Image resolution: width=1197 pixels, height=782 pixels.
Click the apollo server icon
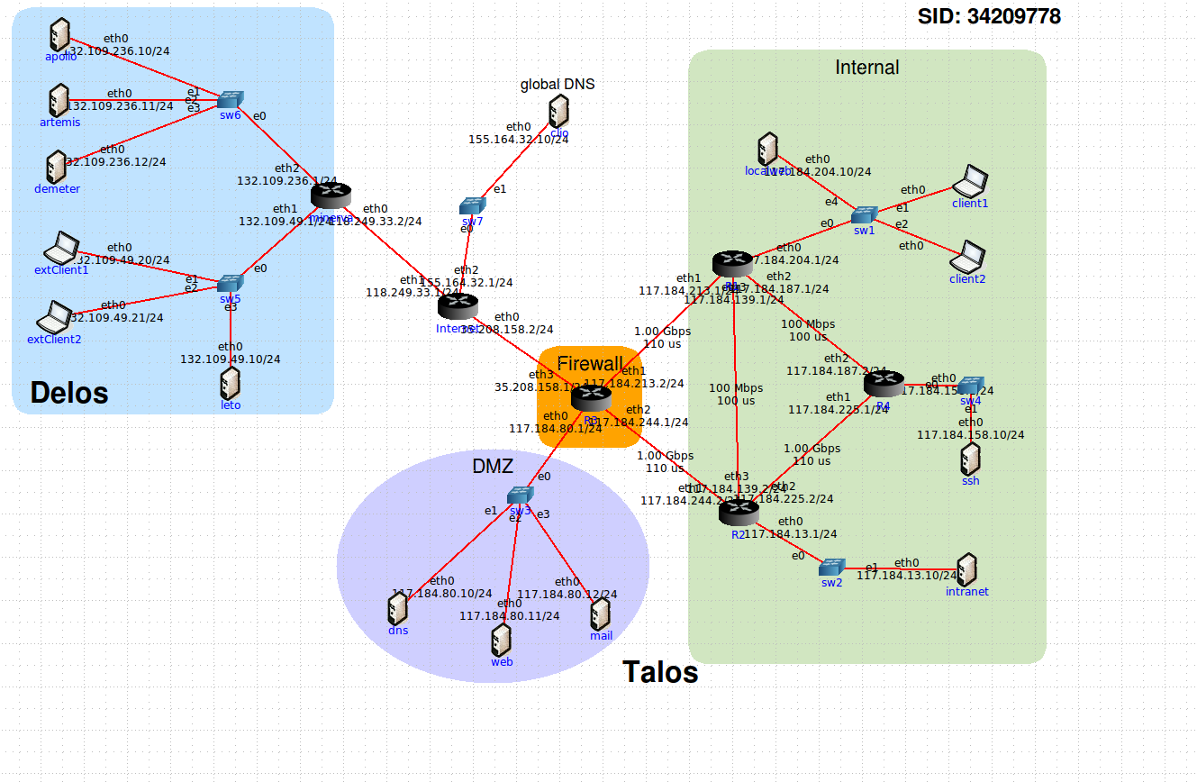59,36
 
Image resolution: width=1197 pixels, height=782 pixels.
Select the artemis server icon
59,100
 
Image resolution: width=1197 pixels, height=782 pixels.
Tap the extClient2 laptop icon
54,317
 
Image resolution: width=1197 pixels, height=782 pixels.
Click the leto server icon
231,383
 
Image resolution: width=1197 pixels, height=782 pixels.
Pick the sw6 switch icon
231,98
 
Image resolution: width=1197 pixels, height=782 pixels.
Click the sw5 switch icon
231,283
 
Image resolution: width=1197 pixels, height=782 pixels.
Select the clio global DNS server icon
558,113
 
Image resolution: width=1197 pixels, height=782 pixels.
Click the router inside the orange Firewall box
591,397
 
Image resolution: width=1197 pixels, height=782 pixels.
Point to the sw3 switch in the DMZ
520,495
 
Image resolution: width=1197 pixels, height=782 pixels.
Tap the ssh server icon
970,459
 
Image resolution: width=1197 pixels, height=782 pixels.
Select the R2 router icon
739,513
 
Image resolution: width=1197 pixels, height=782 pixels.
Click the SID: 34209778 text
989,16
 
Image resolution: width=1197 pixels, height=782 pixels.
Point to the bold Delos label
69,393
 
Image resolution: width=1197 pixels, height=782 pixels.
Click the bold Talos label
660,672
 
